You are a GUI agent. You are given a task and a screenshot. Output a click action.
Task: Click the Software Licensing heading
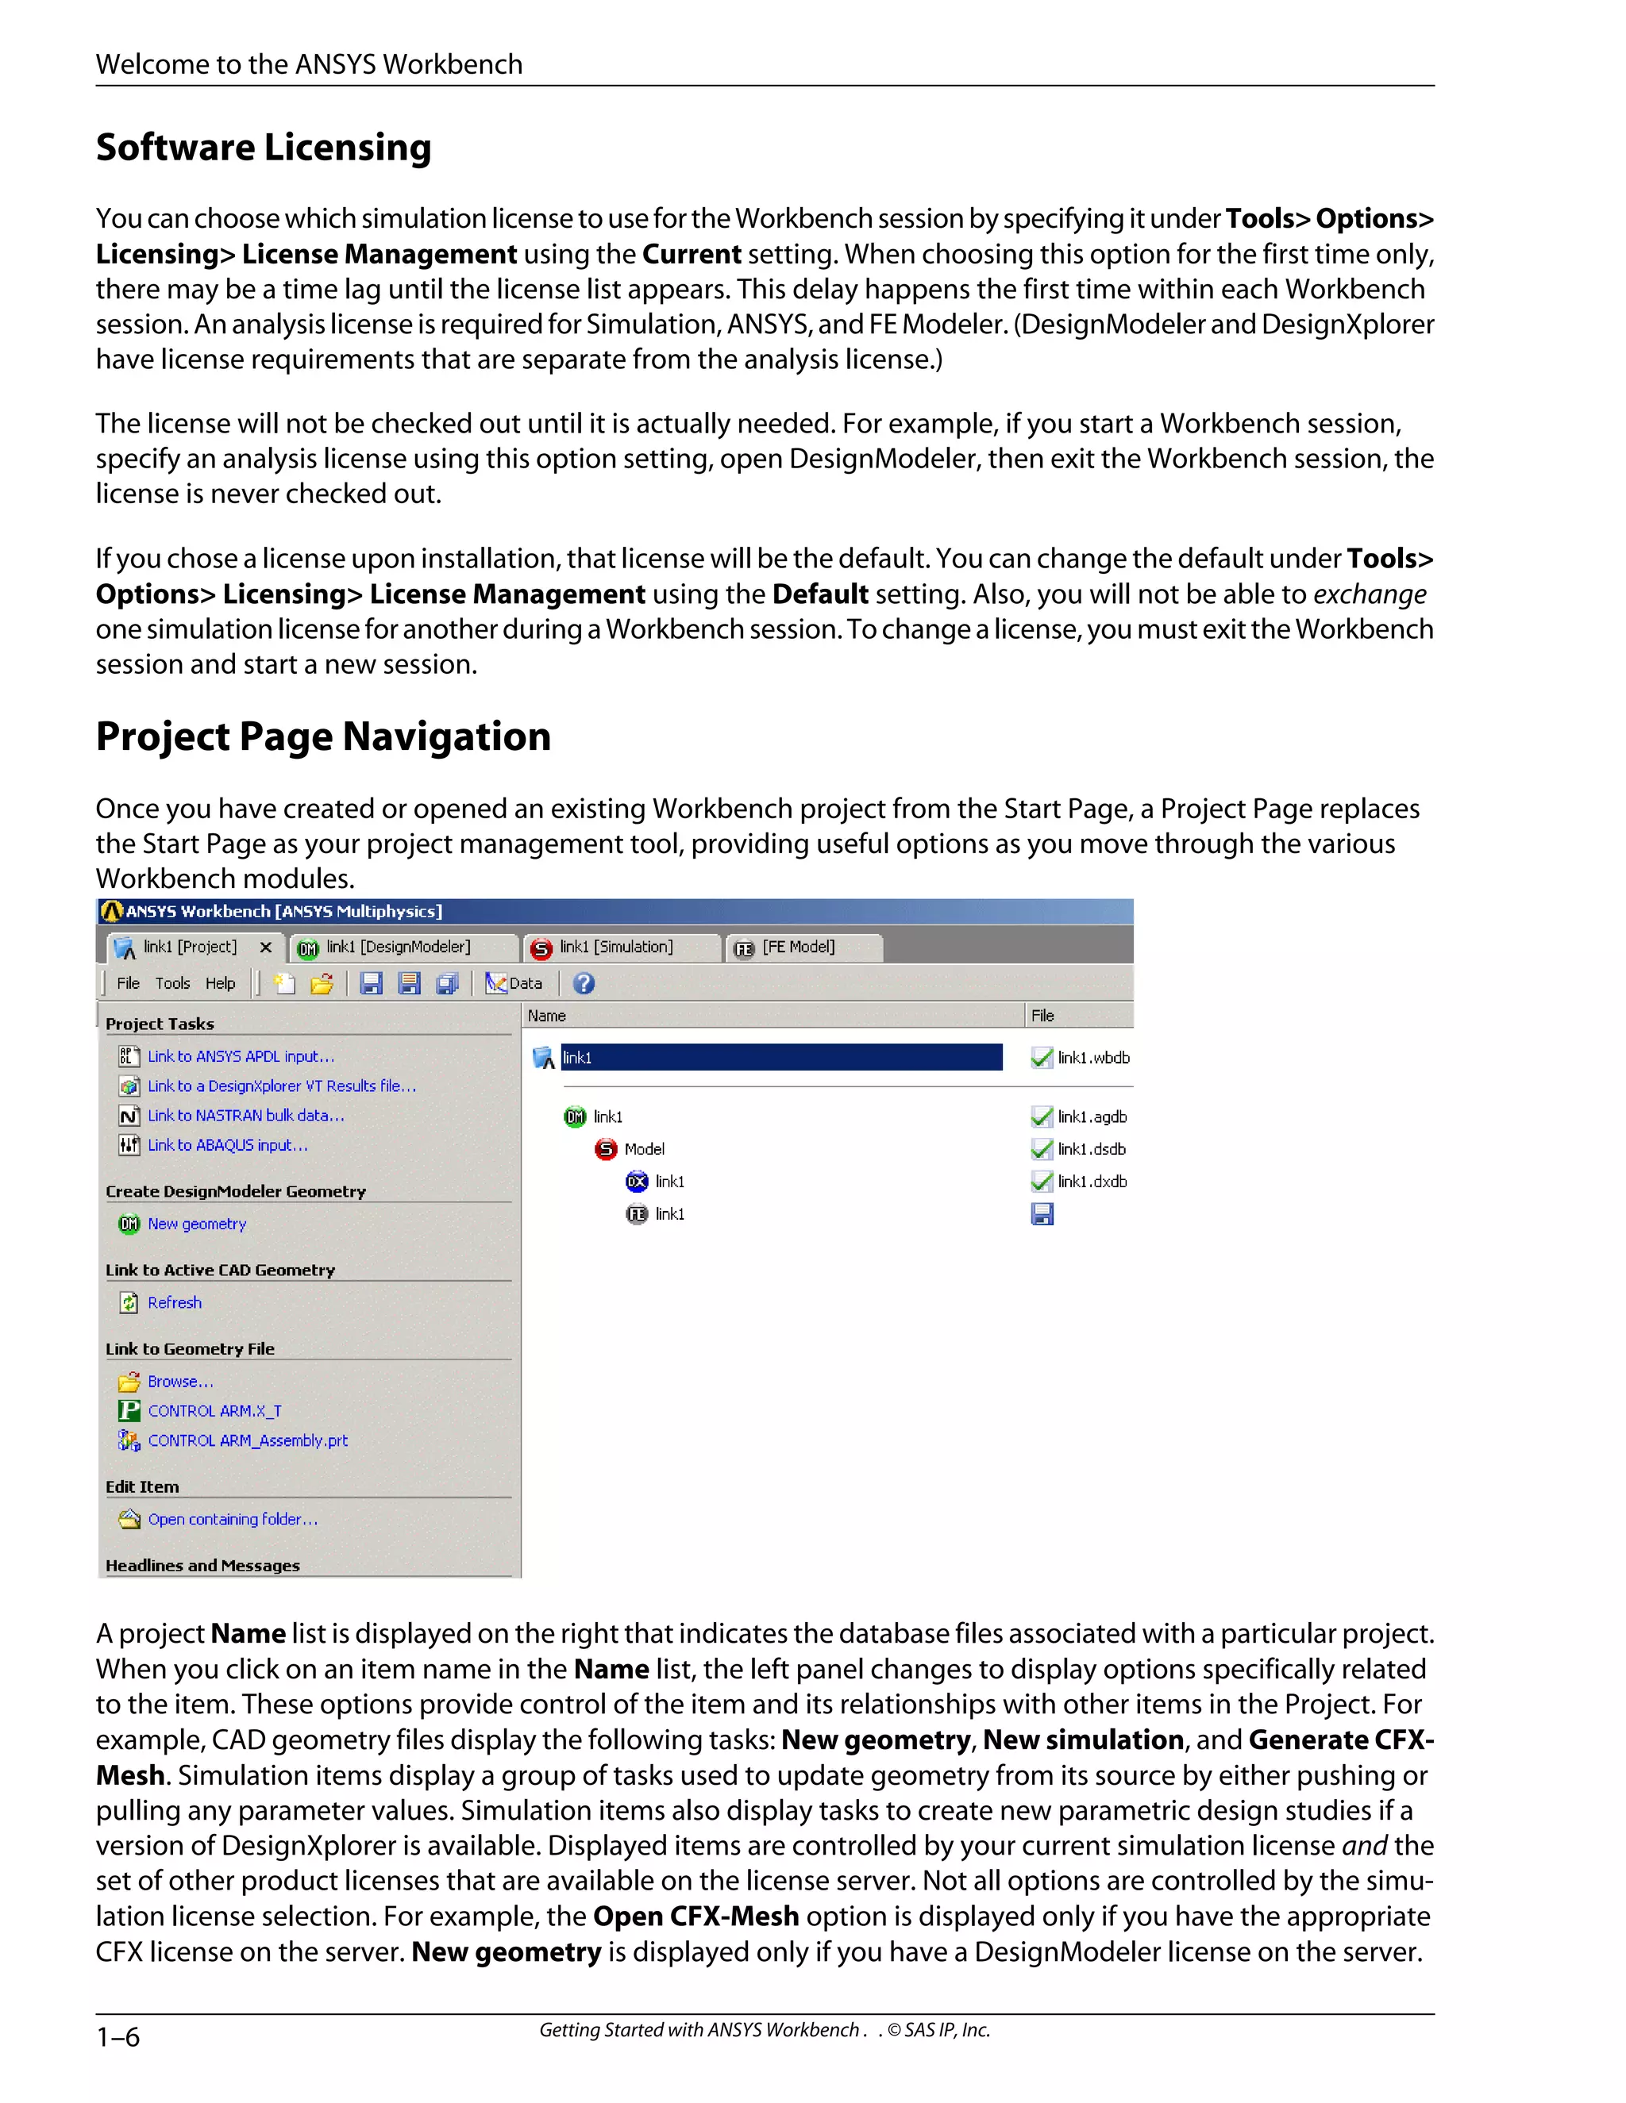[x=263, y=148]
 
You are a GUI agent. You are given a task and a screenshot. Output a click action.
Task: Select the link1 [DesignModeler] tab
[x=397, y=948]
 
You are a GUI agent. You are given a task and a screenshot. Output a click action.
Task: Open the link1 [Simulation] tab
[x=615, y=948]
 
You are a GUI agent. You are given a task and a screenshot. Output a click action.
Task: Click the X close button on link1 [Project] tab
[x=266, y=948]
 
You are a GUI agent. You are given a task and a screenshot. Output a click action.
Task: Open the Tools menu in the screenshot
[x=172, y=983]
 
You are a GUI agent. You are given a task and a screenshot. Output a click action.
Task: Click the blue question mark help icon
[x=584, y=983]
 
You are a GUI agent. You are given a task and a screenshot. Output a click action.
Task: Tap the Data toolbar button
[x=514, y=983]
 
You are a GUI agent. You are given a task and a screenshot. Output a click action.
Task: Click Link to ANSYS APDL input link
[x=241, y=1056]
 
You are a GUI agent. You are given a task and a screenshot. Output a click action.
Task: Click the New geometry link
[x=197, y=1224]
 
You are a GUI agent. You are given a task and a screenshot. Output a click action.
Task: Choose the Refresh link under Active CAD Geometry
[x=175, y=1303]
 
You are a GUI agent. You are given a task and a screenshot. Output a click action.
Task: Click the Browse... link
[x=180, y=1382]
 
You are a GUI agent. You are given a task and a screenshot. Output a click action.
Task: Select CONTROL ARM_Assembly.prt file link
[x=248, y=1440]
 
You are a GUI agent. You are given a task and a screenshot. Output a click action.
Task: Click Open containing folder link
[x=232, y=1520]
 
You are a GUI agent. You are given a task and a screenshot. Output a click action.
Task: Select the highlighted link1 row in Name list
[x=780, y=1057]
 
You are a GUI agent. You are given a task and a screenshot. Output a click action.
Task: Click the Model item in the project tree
[x=643, y=1149]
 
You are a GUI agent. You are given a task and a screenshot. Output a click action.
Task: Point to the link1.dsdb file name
[x=1092, y=1149]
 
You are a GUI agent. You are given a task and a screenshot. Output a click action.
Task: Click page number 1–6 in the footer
[x=118, y=2036]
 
